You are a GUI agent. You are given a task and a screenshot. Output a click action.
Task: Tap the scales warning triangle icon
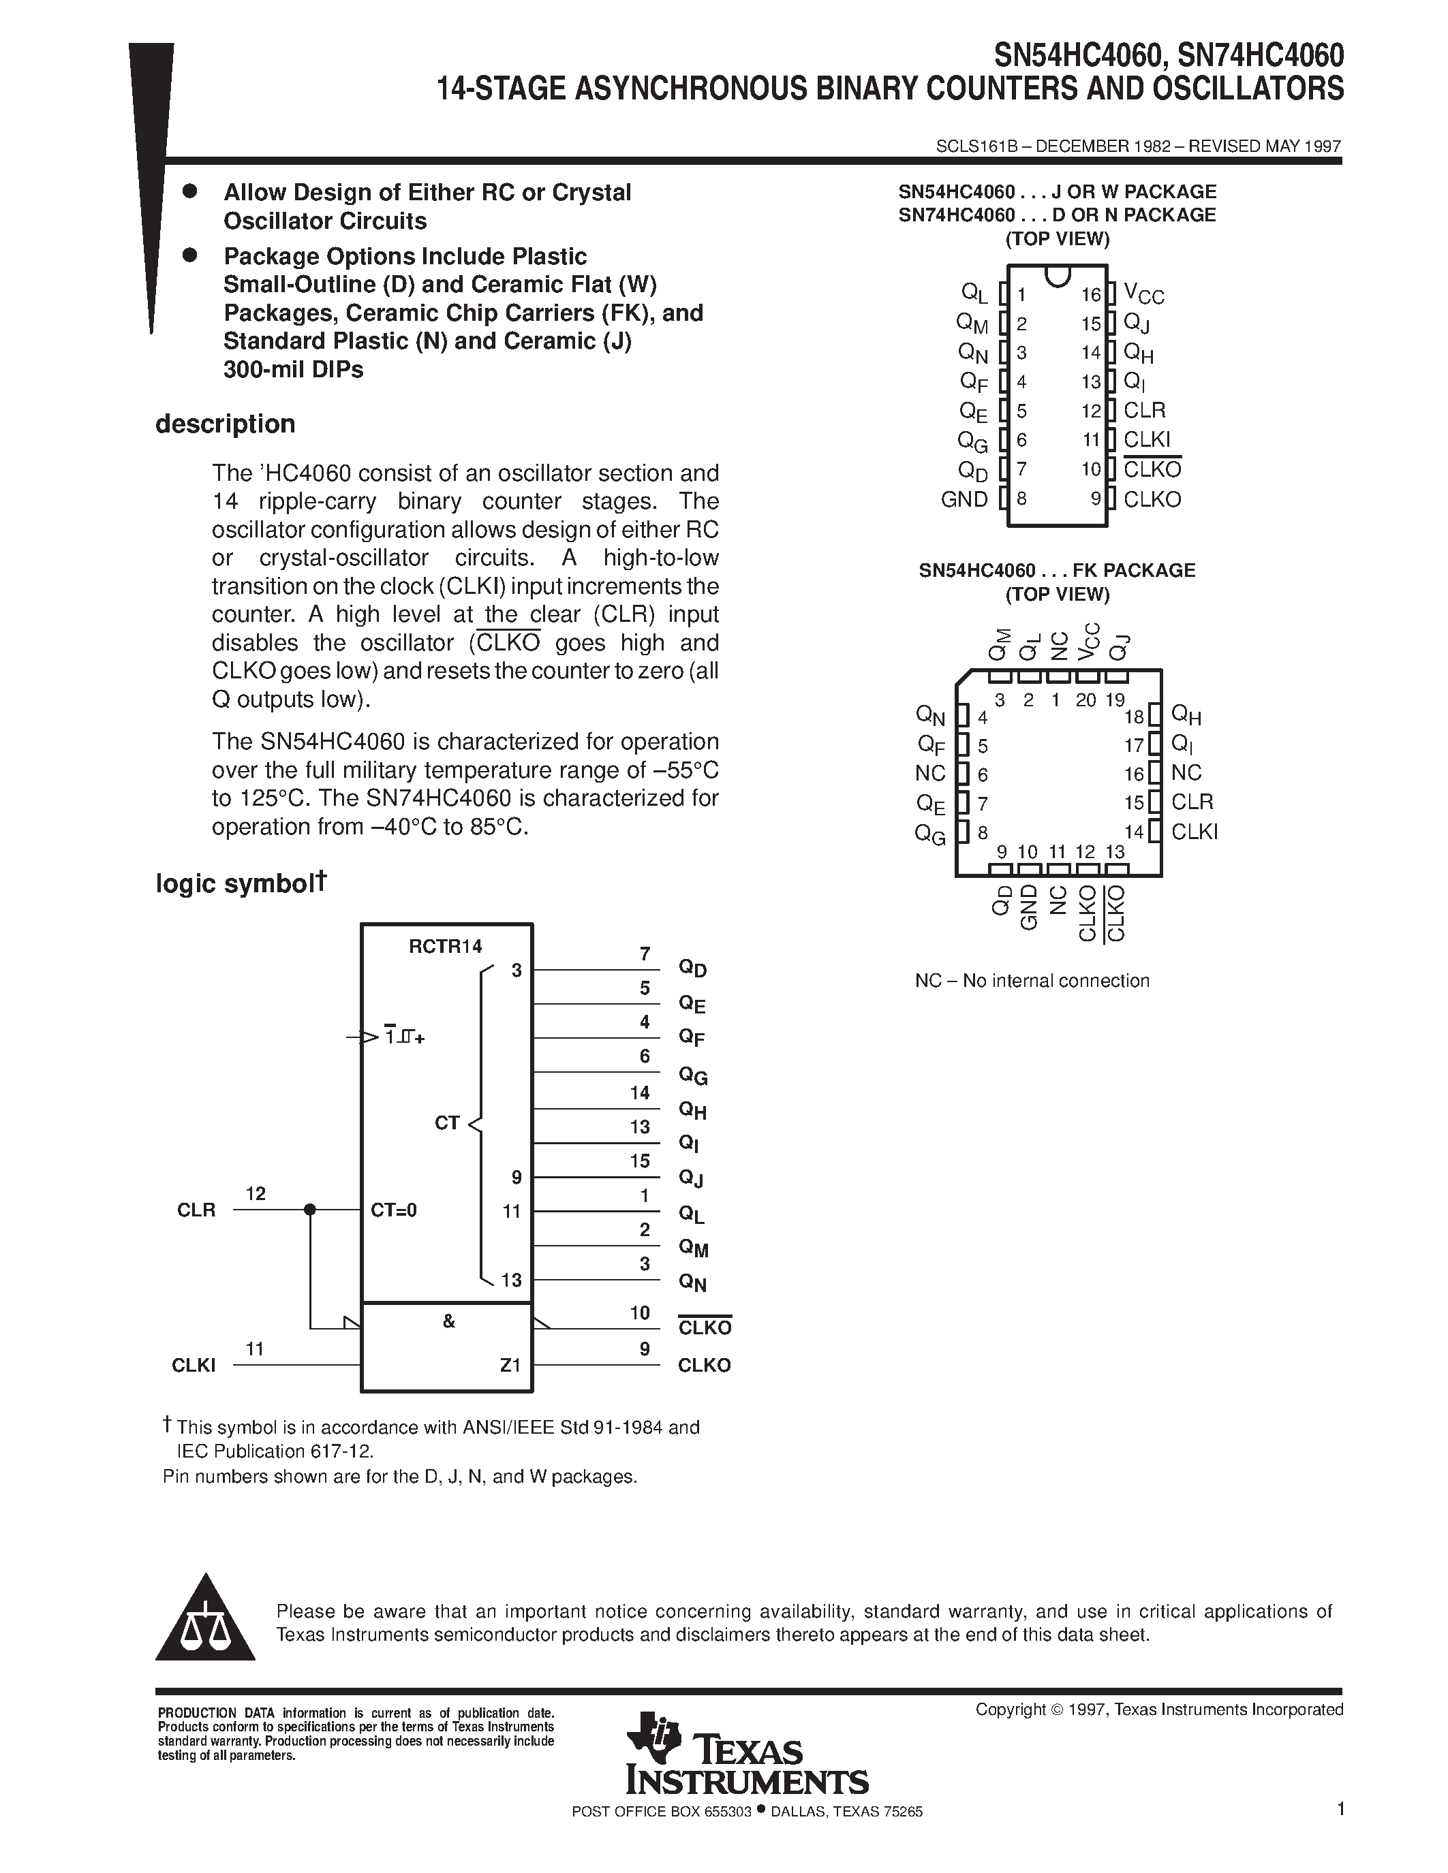pyautogui.click(x=206, y=1621)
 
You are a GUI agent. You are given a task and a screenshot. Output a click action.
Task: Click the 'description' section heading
pyautogui.click(x=225, y=424)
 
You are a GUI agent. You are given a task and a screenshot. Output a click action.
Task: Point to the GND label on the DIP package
pyautogui.click(x=964, y=499)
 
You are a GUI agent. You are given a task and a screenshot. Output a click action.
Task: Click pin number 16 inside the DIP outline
pyautogui.click(x=1090, y=295)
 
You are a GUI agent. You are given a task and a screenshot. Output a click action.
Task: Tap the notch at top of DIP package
pyautogui.click(x=1058, y=275)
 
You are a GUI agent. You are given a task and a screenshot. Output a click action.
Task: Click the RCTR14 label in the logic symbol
pyautogui.click(x=445, y=947)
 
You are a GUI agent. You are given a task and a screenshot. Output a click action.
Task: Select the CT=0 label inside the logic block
pyautogui.click(x=394, y=1211)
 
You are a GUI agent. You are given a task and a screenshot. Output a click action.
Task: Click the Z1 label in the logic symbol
pyautogui.click(x=510, y=1364)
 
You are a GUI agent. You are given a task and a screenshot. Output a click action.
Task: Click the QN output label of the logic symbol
pyautogui.click(x=692, y=1283)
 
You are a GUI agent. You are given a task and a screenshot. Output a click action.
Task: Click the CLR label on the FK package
pyautogui.click(x=1192, y=802)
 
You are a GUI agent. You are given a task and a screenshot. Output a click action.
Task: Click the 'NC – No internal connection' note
pyautogui.click(x=1031, y=981)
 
